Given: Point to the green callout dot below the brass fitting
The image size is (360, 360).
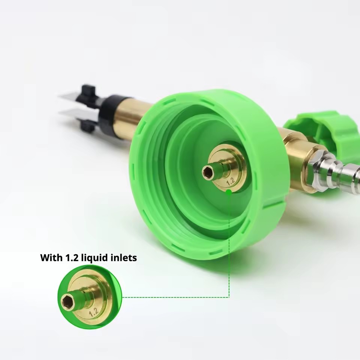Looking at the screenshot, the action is pos(229,192).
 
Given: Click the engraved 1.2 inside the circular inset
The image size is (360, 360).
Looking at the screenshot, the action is pos(94,312).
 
